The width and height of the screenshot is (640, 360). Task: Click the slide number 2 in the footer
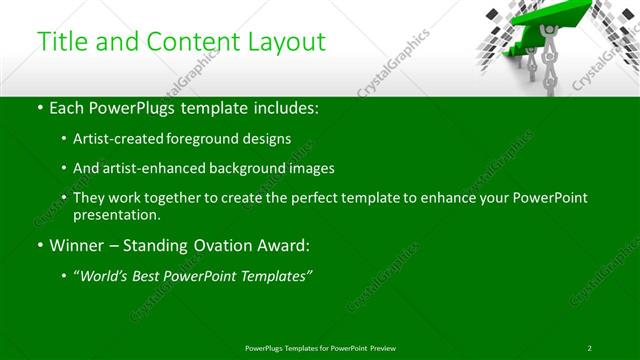pyautogui.click(x=590, y=348)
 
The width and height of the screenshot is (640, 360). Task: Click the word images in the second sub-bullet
pyautogui.click(x=311, y=169)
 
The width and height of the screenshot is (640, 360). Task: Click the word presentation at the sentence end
pyautogui.click(x=115, y=214)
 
